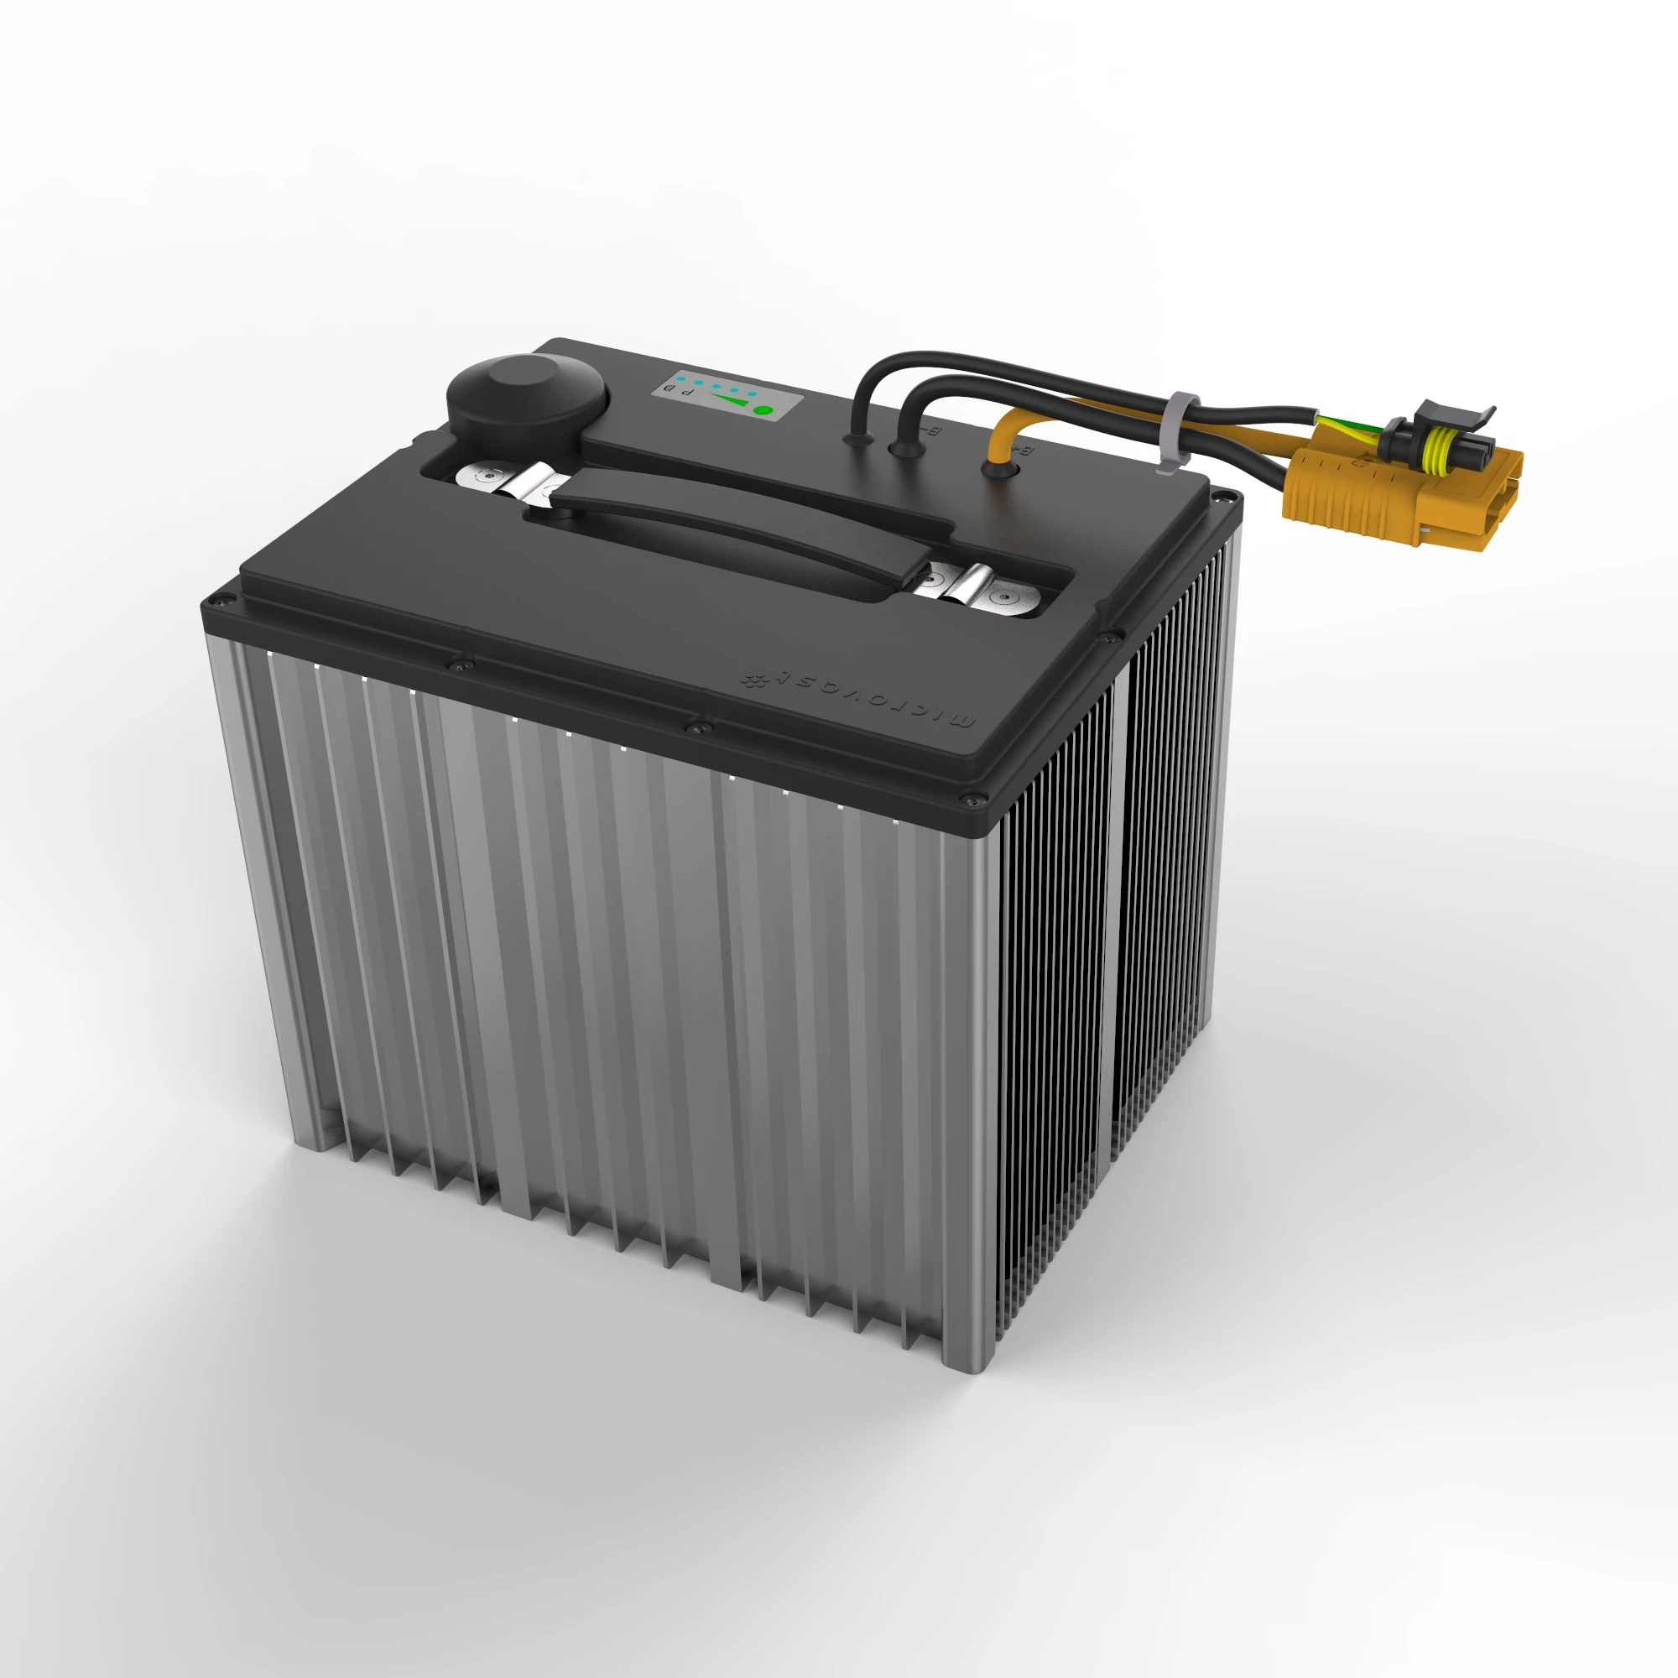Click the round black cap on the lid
[x=526, y=404]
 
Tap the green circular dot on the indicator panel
[x=762, y=410]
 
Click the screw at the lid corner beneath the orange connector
[x=1225, y=497]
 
